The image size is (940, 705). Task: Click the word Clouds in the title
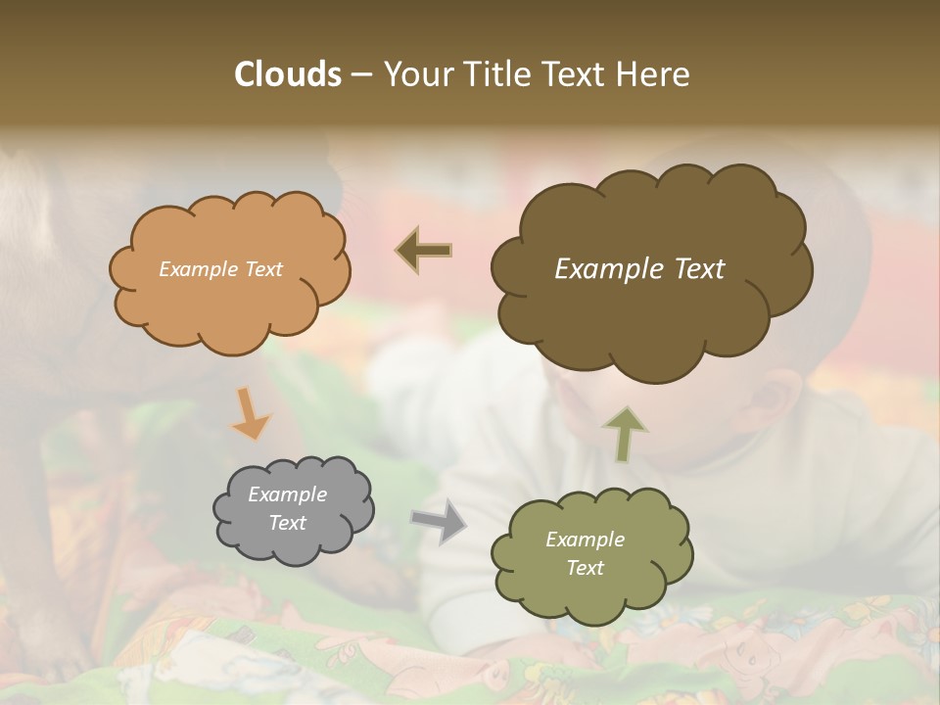pyautogui.click(x=287, y=74)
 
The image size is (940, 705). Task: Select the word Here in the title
pyautogui.click(x=655, y=74)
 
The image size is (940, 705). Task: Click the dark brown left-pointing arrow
pyautogui.click(x=424, y=251)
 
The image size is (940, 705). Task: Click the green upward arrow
pyautogui.click(x=625, y=433)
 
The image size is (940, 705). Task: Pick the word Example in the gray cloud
pyautogui.click(x=287, y=494)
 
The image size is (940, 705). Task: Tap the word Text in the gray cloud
pyautogui.click(x=287, y=523)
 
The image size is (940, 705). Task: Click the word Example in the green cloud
pyautogui.click(x=585, y=540)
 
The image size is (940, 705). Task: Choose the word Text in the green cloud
pyautogui.click(x=585, y=568)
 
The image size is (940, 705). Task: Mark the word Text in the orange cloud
pyautogui.click(x=262, y=269)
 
